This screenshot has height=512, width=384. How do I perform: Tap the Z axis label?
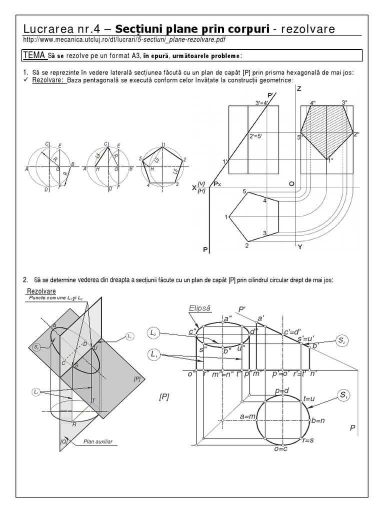pos(298,88)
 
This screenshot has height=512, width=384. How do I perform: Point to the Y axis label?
pos(299,247)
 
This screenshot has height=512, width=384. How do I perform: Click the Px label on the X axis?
pos(217,184)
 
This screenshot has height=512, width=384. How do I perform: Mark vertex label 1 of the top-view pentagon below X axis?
pos(226,216)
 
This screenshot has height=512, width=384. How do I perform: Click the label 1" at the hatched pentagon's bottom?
pos(330,160)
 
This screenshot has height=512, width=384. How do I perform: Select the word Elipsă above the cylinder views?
pos(198,308)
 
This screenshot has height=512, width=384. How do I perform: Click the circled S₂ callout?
pos(341,340)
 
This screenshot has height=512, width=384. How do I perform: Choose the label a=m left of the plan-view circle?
pos(248,416)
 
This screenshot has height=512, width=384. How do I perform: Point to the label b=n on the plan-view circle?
pos(318,420)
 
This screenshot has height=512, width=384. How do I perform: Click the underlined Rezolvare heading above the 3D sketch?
pos(41,291)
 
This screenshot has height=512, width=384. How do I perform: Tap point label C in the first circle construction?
pos(46,144)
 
